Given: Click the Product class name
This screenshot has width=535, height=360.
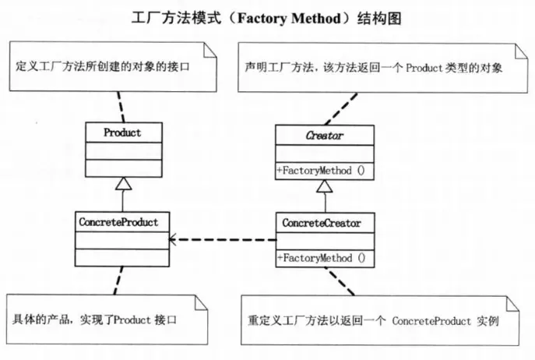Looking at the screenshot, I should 122,132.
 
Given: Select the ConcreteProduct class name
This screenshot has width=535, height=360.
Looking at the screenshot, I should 118,222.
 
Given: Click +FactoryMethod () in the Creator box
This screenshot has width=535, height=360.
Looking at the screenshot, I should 322,170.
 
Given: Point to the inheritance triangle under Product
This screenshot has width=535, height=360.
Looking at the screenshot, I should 122,185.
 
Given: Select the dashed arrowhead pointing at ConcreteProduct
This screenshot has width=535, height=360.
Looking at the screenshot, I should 175,240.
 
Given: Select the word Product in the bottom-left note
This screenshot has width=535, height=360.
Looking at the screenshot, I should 123,321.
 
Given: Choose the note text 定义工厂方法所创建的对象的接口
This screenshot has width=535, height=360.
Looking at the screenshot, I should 103,68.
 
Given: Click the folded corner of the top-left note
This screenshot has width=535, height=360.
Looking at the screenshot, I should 209,48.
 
